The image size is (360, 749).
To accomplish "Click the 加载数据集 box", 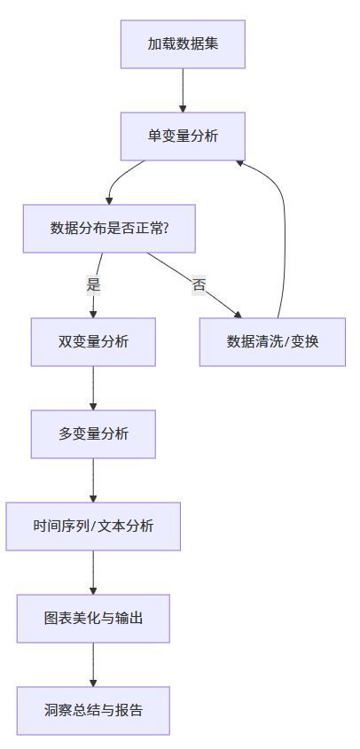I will point(183,43).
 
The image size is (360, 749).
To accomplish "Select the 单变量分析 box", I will point(183,136).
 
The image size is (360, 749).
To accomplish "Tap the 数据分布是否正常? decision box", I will point(109,228).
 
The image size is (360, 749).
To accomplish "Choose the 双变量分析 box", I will point(93,341).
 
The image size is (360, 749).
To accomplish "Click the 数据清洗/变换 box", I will point(272,341).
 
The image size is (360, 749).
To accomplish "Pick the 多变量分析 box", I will point(93,433).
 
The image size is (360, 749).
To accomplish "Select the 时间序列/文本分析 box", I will point(93,526).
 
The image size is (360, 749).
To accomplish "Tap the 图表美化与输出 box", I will point(93,618).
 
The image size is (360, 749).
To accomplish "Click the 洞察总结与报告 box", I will point(93,710).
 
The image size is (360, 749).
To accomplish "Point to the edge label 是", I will point(93,285).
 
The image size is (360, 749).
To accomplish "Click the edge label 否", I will point(200,285).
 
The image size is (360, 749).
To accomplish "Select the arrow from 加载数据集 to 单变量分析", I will point(183,90).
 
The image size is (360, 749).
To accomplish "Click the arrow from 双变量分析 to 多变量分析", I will point(93,387).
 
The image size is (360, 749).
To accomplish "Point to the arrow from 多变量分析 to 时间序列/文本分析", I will point(93,480).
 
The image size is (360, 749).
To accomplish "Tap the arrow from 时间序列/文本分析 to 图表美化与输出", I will point(93,572).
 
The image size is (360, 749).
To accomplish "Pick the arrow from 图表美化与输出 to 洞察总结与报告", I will point(93,664).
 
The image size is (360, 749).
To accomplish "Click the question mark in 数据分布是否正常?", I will point(166,228).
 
